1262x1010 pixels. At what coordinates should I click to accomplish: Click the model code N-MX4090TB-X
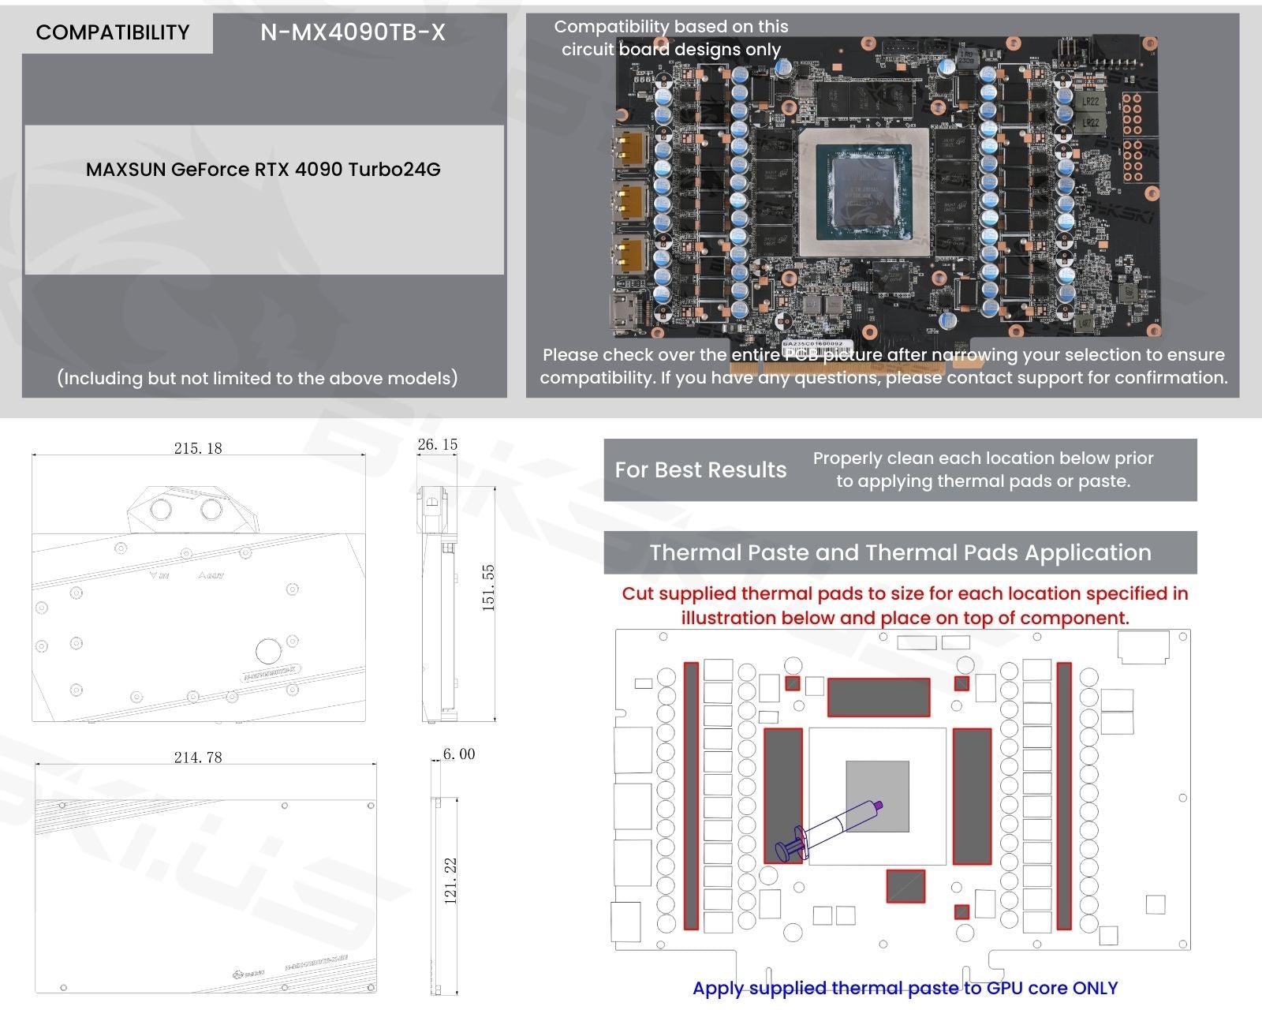[353, 32]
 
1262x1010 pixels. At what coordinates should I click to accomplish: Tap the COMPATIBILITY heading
[113, 32]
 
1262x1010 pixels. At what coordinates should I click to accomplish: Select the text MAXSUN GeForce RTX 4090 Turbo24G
[263, 170]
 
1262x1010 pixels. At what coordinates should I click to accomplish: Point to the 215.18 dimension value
[198, 448]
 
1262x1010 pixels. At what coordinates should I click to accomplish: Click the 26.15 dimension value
[437, 444]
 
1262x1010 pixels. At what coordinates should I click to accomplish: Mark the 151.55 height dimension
[488, 588]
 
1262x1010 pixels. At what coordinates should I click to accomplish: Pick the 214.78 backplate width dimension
[198, 757]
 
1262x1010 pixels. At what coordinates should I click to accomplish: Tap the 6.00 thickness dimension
[458, 754]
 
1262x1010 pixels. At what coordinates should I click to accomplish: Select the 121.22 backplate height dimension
[450, 881]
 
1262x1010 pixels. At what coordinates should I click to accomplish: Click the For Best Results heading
[700, 470]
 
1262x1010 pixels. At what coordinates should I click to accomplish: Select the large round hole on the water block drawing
[268, 651]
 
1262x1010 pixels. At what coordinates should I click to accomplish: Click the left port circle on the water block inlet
[161, 509]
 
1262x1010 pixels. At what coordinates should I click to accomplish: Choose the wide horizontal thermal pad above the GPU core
[878, 697]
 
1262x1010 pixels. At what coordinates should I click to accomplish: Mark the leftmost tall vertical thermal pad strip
[691, 795]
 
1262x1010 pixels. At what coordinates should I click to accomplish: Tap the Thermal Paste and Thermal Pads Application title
[900, 552]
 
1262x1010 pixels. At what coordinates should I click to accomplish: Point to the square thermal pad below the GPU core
[905, 886]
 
